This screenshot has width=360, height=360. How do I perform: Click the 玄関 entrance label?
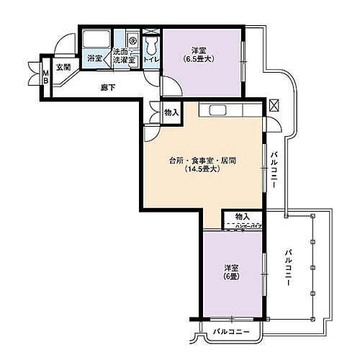(64, 67)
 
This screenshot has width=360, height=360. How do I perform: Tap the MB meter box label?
(45, 76)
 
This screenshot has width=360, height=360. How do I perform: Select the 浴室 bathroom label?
(94, 58)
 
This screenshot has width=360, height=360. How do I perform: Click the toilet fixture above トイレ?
(150, 45)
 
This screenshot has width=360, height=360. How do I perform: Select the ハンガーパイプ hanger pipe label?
(245, 226)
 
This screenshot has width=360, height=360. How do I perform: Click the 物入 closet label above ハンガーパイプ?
(242, 217)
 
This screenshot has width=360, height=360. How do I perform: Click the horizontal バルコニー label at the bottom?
(232, 332)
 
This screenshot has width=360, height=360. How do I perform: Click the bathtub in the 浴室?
(94, 40)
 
